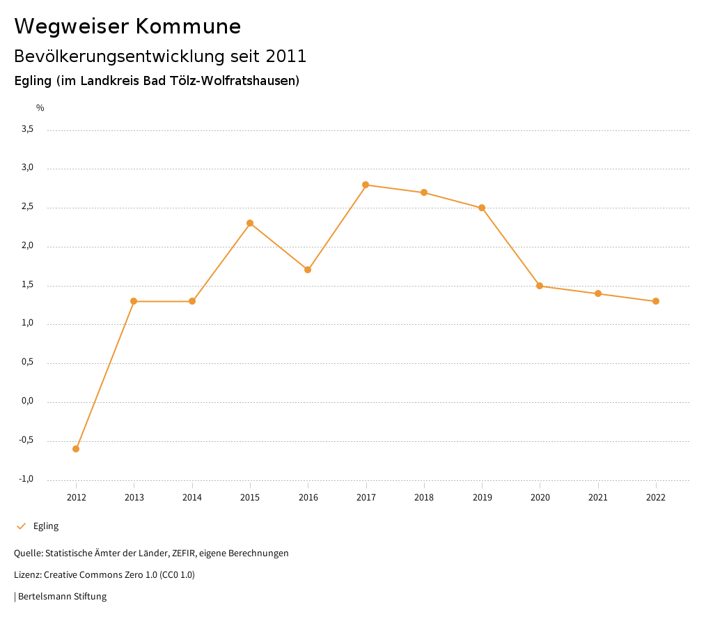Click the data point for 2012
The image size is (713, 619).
pyautogui.click(x=76, y=449)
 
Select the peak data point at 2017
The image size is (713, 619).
pyautogui.click(x=366, y=185)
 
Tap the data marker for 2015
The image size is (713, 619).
pyautogui.click(x=250, y=223)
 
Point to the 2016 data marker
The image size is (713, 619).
pyautogui.click(x=308, y=270)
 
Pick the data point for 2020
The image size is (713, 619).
pyautogui.click(x=540, y=286)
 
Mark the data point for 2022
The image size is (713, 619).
pyautogui.click(x=656, y=301)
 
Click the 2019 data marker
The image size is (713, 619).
pyautogui.click(x=482, y=208)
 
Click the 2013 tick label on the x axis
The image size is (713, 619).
pyautogui.click(x=134, y=498)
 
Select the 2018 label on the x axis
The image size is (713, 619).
pyautogui.click(x=424, y=498)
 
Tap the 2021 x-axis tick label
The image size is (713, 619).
pyautogui.click(x=598, y=498)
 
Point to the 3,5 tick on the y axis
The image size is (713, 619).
pyautogui.click(x=28, y=130)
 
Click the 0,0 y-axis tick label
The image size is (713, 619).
pyautogui.click(x=28, y=402)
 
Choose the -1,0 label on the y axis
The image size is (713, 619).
pyautogui.click(x=26, y=480)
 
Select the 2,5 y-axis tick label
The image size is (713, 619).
pyautogui.click(x=28, y=207)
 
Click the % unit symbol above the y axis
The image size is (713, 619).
pyautogui.click(x=40, y=108)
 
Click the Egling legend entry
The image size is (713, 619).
pyautogui.click(x=45, y=526)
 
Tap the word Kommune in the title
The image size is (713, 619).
pyautogui.click(x=188, y=26)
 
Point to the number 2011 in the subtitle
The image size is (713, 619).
pyautogui.click(x=285, y=56)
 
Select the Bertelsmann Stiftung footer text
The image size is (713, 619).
pyautogui.click(x=62, y=597)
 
